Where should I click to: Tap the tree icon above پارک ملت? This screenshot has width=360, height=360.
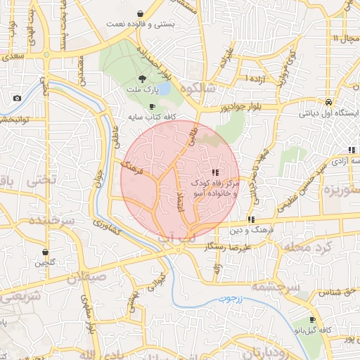143,78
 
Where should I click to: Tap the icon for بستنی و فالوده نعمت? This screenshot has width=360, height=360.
141,13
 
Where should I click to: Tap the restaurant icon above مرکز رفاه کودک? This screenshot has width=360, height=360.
214,172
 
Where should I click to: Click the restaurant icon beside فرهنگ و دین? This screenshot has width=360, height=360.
251,220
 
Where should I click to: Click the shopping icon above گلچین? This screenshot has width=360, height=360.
46,252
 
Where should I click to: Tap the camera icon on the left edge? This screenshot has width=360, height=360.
17,98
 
